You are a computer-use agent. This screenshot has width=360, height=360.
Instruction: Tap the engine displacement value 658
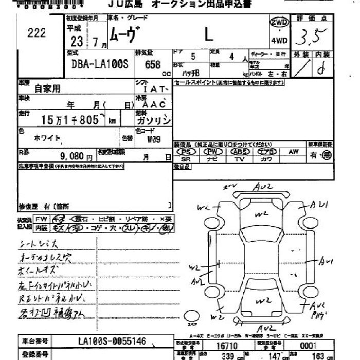coord(153,65)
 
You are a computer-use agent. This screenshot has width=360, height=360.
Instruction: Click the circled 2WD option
coord(279,23)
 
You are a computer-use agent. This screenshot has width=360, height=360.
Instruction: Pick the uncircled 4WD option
coord(279,41)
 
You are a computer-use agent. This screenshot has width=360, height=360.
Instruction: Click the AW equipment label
coord(293,152)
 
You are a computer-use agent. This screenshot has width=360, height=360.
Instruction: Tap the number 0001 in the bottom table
coord(309,346)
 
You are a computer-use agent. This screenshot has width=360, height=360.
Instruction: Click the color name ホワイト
coord(47,138)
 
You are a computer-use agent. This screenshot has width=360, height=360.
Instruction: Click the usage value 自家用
coord(47,88)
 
